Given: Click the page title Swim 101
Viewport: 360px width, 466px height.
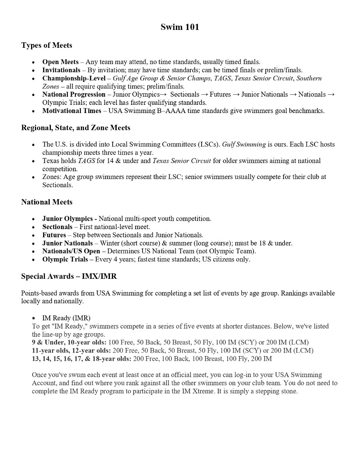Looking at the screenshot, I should pos(180,27).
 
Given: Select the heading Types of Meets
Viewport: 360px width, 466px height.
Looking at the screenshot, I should pos(47,45).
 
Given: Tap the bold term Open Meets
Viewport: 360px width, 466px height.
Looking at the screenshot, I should pos(60,62).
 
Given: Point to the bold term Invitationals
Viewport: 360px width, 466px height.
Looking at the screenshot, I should pos(61,70).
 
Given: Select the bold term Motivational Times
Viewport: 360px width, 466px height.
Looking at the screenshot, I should pos(71,111).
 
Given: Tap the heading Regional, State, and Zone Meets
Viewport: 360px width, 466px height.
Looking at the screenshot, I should pos(76,128).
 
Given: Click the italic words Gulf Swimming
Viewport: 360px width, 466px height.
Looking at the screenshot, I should pos(244,144).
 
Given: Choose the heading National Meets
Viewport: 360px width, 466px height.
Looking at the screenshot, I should pos(47,202).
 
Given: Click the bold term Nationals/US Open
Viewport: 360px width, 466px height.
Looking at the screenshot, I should pos(71,251).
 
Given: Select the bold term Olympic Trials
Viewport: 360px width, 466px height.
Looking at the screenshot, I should pos(65,259).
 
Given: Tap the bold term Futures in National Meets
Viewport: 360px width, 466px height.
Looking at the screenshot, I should pos(54,235).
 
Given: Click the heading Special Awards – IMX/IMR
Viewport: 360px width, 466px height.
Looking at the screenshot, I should pos(69,276).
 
